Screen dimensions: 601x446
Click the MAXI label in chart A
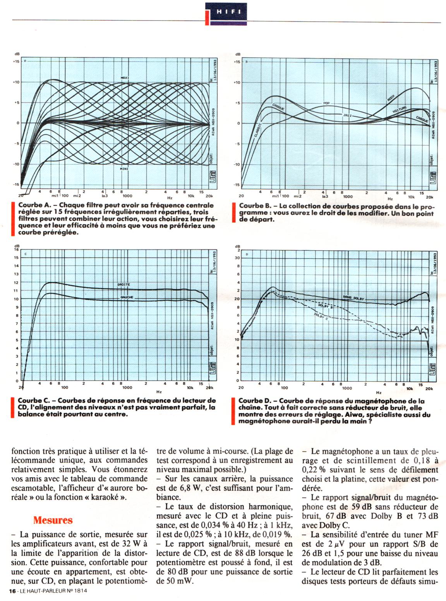pos(125,78)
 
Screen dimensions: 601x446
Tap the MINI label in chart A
pos(124,169)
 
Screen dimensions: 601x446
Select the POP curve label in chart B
pos(326,103)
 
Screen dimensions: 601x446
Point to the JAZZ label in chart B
pos(348,115)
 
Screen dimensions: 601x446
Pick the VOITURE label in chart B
pos(400,110)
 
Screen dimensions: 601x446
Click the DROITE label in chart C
pos(124,285)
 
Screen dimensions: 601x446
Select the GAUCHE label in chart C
pos(127,297)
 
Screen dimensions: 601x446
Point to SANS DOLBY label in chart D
pos(353,298)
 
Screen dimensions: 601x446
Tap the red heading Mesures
pos(53,520)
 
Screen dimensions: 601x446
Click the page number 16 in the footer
pos(12,591)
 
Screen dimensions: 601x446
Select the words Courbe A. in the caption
pos(35,205)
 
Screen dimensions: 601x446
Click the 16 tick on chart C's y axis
pos(16,250)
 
